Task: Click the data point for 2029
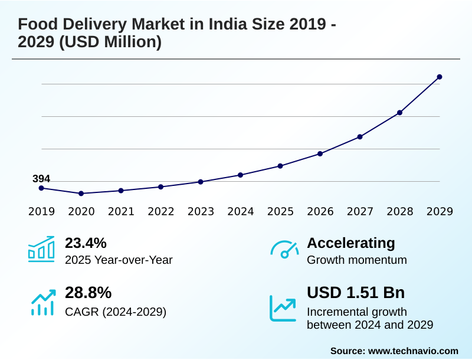(x=440, y=77)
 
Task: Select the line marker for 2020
(x=81, y=194)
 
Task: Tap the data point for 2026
(x=320, y=153)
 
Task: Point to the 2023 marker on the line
(x=201, y=182)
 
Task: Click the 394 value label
(x=41, y=179)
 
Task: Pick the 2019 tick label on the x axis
(x=41, y=211)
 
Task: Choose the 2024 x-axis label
(x=241, y=211)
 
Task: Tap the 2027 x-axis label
(x=360, y=211)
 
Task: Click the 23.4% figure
(x=86, y=243)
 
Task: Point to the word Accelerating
(x=351, y=243)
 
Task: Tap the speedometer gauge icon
(x=284, y=250)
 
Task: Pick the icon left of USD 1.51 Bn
(x=283, y=308)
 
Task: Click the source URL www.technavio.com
(x=413, y=351)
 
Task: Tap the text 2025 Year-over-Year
(x=119, y=260)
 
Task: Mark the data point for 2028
(x=399, y=113)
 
